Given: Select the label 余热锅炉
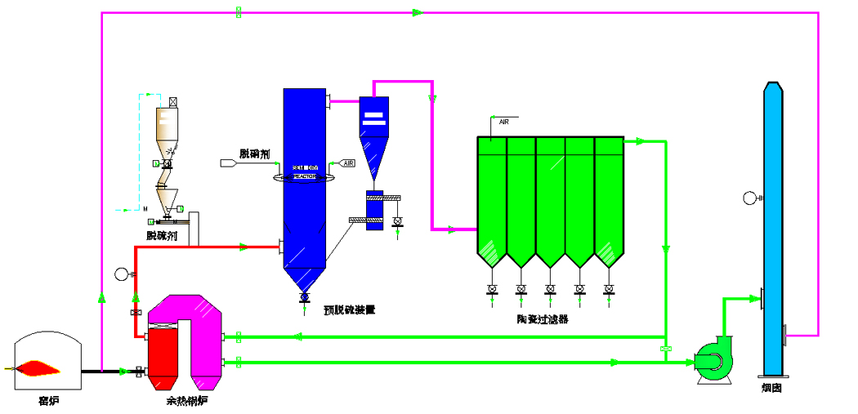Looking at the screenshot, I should [186, 401].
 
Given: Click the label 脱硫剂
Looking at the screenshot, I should [162, 235].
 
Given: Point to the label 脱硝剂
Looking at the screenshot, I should [254, 154].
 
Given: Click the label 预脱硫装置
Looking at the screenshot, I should [349, 309].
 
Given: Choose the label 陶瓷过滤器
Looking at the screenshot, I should [543, 319].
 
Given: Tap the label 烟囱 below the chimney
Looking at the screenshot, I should [771, 389].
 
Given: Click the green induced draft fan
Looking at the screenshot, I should [713, 360].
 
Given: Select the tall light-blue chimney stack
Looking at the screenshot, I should [772, 229].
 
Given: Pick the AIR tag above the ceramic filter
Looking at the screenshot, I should [504, 122].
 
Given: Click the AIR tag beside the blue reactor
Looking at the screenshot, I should [346, 163].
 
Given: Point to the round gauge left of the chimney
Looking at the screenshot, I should [750, 197].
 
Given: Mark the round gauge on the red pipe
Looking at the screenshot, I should [122, 274].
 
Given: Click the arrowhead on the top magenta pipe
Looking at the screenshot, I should [417, 13].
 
